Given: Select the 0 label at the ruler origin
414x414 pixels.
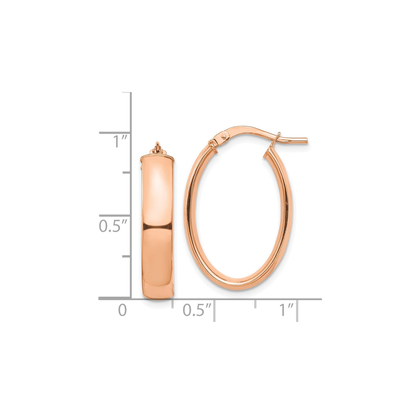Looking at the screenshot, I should (122, 310).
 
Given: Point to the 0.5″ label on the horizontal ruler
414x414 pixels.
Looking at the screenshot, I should (197, 310).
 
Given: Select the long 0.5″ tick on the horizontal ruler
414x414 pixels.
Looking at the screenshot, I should (214, 310).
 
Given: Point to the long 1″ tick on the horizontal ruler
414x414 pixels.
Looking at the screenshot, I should (297, 310).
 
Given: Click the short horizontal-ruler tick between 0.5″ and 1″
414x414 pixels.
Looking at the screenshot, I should (255, 304).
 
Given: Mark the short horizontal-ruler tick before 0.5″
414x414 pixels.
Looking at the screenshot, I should (173, 304).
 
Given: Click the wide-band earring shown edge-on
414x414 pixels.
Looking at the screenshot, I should (157, 228).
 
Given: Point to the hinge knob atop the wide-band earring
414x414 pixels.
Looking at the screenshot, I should (157, 148).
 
